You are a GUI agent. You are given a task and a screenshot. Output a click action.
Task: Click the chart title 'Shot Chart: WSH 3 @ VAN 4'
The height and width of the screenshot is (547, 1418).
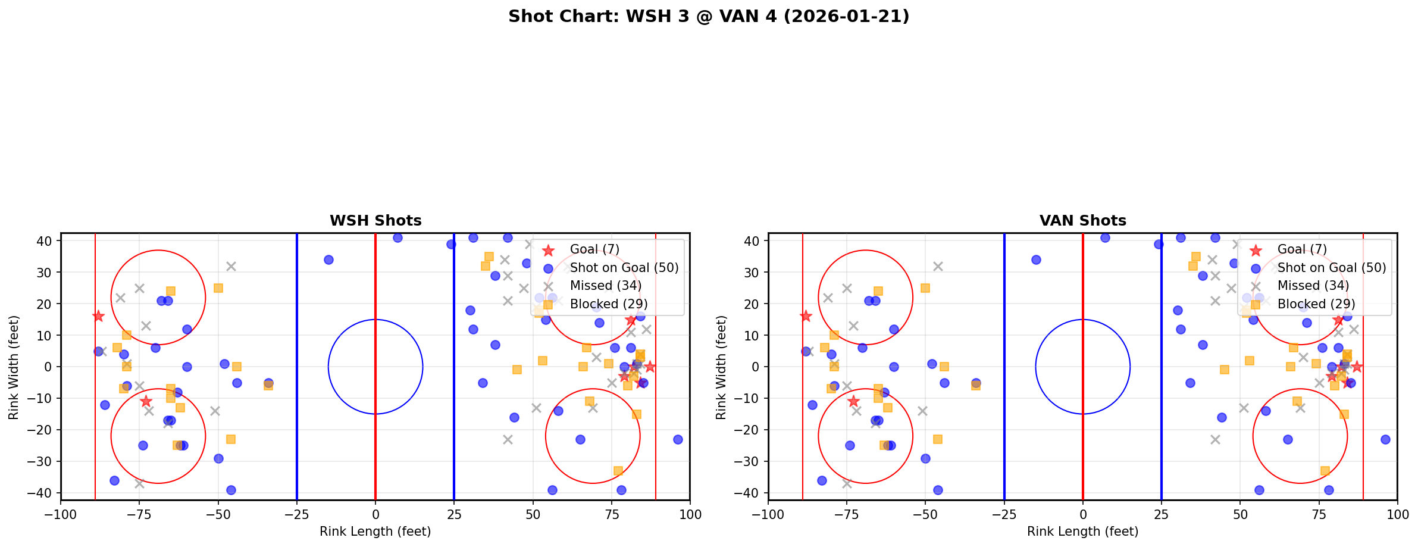click(709, 16)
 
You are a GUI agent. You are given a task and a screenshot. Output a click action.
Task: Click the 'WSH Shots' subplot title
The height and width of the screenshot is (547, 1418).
click(375, 221)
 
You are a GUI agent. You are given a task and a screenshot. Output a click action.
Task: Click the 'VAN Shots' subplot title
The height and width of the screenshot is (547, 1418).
click(1082, 221)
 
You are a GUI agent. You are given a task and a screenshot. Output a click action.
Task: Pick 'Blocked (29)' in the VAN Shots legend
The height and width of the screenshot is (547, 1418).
click(1316, 304)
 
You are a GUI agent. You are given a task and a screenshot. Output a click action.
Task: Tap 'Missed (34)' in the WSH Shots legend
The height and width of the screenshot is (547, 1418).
click(605, 286)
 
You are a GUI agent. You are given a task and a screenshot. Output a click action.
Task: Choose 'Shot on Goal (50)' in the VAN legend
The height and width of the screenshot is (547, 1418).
click(1332, 268)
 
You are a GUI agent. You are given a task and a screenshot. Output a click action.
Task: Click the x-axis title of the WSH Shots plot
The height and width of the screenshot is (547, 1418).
click(375, 532)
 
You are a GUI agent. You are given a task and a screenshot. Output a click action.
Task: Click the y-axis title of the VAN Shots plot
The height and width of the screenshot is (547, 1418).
click(721, 367)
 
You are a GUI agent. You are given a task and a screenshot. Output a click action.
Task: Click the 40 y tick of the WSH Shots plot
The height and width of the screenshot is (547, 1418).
click(46, 241)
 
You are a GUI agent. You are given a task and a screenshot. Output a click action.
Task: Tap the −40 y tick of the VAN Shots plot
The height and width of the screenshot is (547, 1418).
click(750, 493)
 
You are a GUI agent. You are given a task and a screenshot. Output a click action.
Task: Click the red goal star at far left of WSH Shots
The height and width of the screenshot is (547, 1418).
click(98, 316)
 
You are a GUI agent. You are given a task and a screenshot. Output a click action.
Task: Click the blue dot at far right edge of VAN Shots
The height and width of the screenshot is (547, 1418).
click(1385, 439)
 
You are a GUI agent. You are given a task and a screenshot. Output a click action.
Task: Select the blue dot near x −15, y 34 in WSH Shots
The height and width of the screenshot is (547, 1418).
click(328, 260)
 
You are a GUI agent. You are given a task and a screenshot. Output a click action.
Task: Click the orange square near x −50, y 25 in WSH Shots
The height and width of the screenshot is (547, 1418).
click(218, 288)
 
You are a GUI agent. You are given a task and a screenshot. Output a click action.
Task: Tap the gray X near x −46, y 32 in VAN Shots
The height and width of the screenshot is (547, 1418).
click(938, 266)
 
